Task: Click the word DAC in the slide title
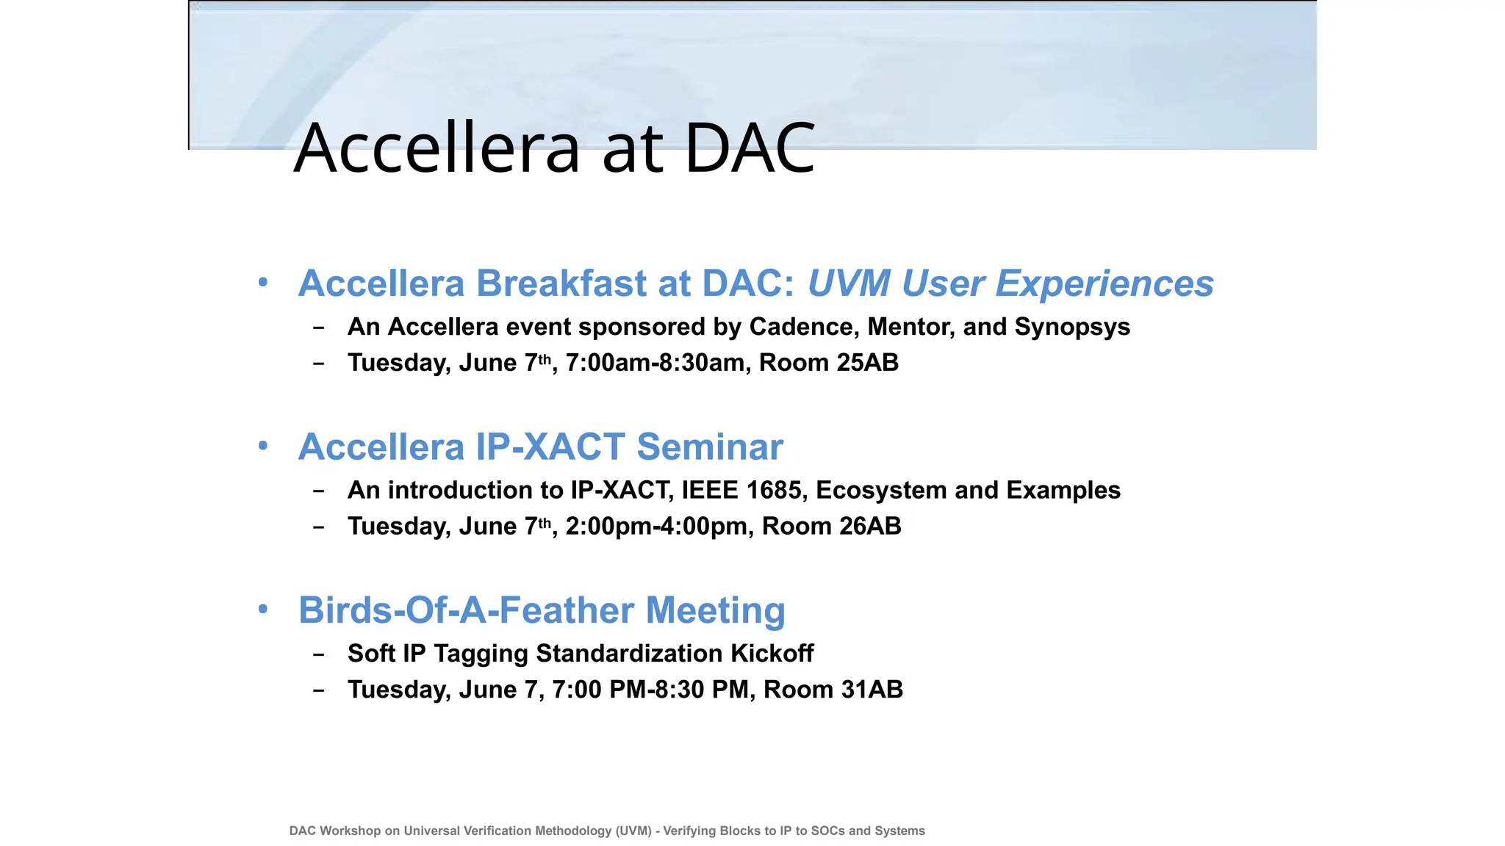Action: pyautogui.click(x=750, y=149)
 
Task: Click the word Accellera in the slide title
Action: pyautogui.click(x=437, y=149)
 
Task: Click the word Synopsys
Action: pyautogui.click(x=1072, y=327)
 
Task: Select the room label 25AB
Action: pyautogui.click(x=868, y=363)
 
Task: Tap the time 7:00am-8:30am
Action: pyautogui.click(x=655, y=363)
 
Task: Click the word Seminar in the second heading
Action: pyautogui.click(x=709, y=447)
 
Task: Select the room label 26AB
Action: pyautogui.click(x=871, y=527)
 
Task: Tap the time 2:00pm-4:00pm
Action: pyautogui.click(x=656, y=527)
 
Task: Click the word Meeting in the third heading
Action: pyautogui.click(x=715, y=610)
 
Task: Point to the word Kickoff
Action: pyautogui.click(x=772, y=654)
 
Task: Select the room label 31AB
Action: pyautogui.click(x=872, y=690)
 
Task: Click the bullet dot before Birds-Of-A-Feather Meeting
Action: pyautogui.click(x=263, y=609)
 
